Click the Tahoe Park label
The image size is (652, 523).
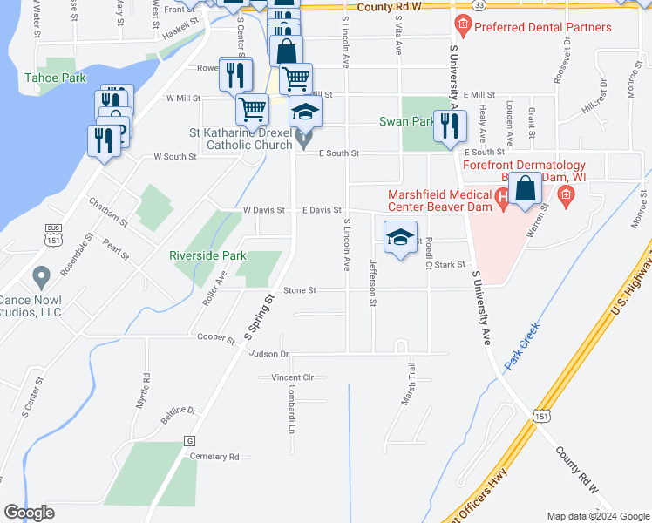55,78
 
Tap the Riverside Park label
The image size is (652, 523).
207,256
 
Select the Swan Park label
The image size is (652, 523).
405,122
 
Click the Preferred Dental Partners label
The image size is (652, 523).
545,27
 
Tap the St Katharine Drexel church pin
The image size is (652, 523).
303,138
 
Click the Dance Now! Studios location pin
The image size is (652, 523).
39,279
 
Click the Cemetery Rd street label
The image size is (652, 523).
214,457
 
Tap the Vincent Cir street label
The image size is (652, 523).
292,377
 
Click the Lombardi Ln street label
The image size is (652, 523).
291,413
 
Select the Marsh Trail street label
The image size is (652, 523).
408,384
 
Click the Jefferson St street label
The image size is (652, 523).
373,283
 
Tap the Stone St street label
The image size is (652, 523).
299,290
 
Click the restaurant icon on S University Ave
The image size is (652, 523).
449,126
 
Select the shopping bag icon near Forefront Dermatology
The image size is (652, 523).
526,188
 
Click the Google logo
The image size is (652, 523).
30,513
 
